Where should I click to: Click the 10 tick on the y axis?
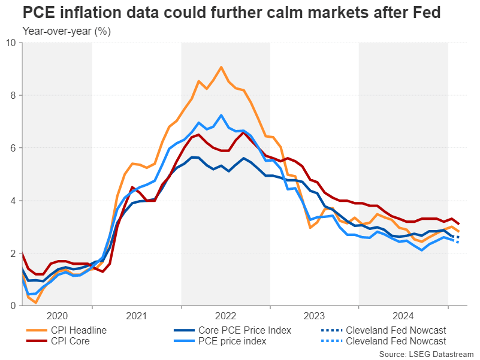click(x=11, y=43)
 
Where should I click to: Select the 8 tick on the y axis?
click(x=13, y=95)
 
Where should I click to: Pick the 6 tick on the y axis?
click(x=13, y=148)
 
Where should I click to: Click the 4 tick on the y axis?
click(x=13, y=201)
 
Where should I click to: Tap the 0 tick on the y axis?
click(x=13, y=306)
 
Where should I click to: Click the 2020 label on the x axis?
click(x=57, y=315)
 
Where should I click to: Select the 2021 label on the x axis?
click(x=137, y=315)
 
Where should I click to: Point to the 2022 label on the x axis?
click(x=225, y=315)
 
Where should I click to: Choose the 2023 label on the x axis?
click(x=314, y=315)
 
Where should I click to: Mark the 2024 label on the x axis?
click(x=403, y=315)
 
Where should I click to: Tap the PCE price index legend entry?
click(x=230, y=341)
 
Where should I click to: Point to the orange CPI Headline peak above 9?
click(x=221, y=67)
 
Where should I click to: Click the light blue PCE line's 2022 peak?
click(x=221, y=115)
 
